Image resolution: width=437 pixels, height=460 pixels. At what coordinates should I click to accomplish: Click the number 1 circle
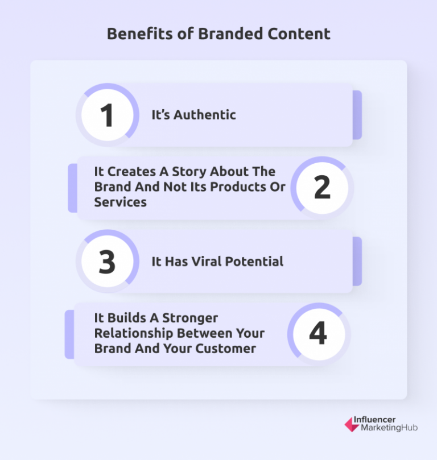(107, 115)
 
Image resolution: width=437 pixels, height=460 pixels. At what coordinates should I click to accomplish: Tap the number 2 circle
(322, 188)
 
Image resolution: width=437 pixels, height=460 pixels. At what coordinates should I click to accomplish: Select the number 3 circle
(107, 262)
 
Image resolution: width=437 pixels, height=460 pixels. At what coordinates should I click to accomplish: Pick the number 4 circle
(318, 334)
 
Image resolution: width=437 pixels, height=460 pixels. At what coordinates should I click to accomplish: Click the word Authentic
(204, 115)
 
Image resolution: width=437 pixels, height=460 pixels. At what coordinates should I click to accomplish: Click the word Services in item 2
(120, 202)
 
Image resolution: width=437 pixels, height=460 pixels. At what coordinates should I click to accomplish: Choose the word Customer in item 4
(229, 349)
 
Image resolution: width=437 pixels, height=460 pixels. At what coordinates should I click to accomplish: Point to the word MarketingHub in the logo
(389, 428)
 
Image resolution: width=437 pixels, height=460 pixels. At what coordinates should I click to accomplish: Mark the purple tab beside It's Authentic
(357, 115)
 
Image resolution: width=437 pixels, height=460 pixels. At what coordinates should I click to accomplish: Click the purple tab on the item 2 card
(72, 188)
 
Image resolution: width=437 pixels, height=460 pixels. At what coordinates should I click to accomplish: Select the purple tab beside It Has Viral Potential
(357, 262)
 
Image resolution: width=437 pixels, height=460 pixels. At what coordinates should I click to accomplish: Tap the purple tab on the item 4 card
(69, 334)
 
